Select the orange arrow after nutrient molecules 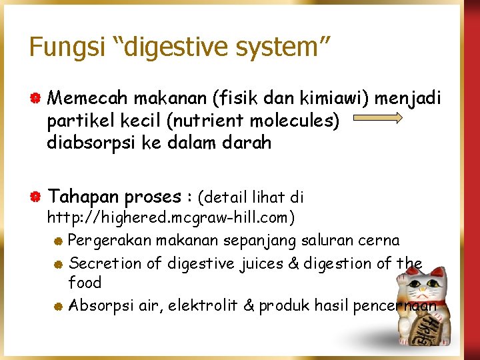(377, 119)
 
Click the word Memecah (88, 99)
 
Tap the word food (85, 283)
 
